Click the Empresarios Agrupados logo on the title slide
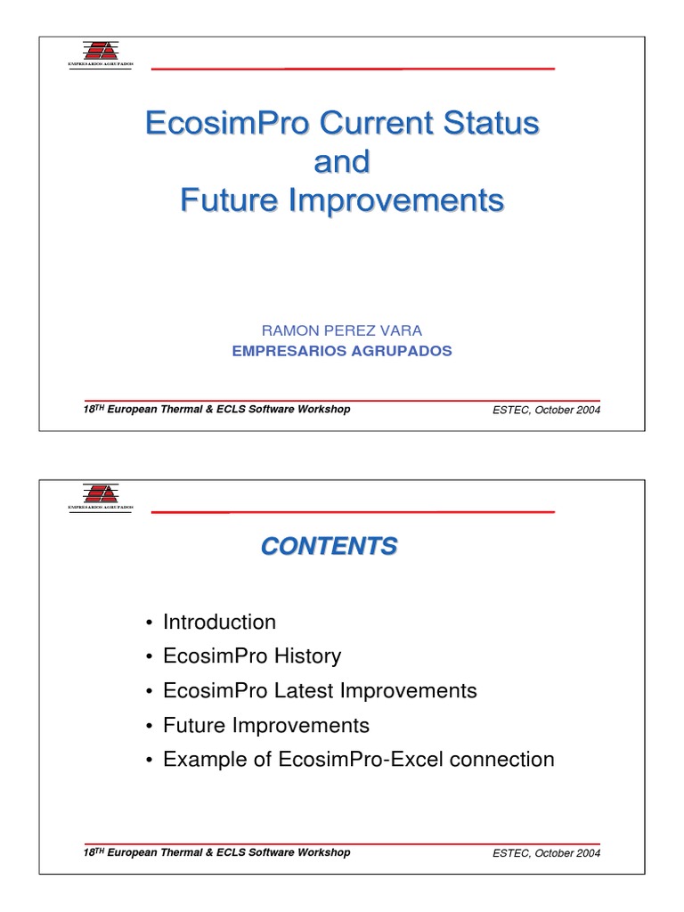(100, 53)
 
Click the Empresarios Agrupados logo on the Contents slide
(100, 496)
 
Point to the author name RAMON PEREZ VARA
(341, 330)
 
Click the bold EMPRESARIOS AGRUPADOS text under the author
(341, 351)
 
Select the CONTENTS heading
(330, 546)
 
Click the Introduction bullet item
(219, 622)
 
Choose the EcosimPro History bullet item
(251, 656)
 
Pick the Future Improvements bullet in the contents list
(265, 725)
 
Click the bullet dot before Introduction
(148, 623)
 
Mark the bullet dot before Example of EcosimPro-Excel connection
(148, 761)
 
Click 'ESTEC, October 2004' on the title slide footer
(546, 411)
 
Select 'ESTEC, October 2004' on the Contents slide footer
(546, 853)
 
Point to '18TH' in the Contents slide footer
(93, 852)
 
